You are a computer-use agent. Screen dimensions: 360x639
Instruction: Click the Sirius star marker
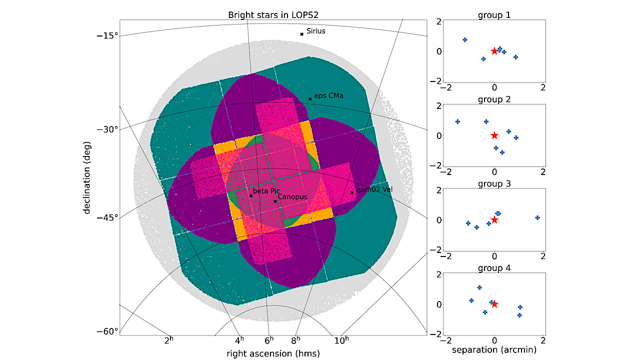coord(301,34)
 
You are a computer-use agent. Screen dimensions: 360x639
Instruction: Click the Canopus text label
coord(292,197)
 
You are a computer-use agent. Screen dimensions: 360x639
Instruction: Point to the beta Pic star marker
coord(250,195)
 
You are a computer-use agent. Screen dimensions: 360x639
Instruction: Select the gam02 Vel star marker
coord(352,192)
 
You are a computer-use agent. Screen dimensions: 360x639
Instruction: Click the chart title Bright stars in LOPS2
coord(273,15)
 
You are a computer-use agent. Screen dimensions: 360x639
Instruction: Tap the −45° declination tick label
coord(107,217)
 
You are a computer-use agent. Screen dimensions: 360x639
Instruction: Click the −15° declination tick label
coord(107,35)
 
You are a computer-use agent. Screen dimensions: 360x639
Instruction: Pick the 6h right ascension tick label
coord(269,340)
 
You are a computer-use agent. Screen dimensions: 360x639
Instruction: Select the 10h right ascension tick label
coord(341,340)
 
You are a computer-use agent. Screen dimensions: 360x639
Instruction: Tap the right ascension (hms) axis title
coord(273,353)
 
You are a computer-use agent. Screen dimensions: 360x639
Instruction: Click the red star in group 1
coord(494,51)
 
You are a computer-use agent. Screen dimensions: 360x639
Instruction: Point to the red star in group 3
coord(494,220)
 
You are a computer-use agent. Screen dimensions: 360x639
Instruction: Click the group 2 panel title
coord(494,99)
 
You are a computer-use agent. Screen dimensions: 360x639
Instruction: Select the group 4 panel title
coord(494,268)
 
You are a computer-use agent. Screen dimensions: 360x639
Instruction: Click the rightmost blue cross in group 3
coord(537,218)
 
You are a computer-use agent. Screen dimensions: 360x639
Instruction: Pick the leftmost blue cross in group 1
coord(465,39)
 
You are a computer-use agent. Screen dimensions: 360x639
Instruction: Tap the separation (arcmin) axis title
coord(494,350)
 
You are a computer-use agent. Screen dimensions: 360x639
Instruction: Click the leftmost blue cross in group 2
coord(457,122)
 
